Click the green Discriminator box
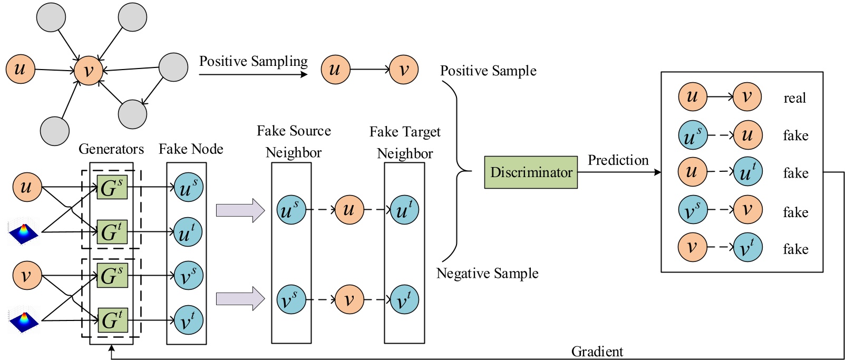click(530, 172)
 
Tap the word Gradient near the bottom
click(597, 352)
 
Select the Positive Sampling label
click(253, 62)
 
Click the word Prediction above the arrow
click(618, 160)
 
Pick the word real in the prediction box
click(794, 98)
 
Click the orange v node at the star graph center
click(88, 71)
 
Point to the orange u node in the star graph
click(20, 69)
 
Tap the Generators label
click(111, 149)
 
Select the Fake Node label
click(191, 149)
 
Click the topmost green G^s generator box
click(112, 188)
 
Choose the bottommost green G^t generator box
click(112, 320)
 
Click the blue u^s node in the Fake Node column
click(188, 188)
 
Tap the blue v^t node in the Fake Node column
click(188, 320)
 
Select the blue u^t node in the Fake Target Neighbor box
click(404, 210)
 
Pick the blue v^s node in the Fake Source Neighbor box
click(291, 299)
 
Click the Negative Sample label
click(487, 274)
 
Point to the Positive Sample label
click(488, 71)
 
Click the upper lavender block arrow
click(240, 210)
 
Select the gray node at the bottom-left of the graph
click(54, 131)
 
